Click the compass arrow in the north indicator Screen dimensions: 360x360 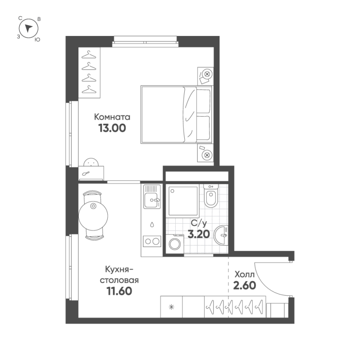point(28,28)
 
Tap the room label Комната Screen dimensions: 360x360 point(112,117)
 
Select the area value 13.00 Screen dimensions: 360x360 point(112,128)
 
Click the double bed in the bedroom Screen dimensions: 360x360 point(177,115)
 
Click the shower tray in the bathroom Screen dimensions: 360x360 point(183,201)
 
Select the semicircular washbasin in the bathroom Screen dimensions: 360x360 point(221,235)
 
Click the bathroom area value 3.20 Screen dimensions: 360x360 point(199,234)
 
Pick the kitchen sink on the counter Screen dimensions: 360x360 point(152,197)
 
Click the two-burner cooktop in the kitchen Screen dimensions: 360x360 point(152,241)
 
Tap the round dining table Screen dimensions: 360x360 point(93,216)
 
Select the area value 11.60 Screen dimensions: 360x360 point(119,291)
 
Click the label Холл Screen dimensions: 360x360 point(244,274)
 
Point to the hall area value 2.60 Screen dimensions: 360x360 point(245,285)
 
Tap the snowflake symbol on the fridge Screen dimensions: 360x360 point(172,307)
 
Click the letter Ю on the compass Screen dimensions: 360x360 point(37,40)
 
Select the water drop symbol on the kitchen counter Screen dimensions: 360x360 point(152,224)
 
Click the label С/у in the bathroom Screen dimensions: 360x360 point(199,223)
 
